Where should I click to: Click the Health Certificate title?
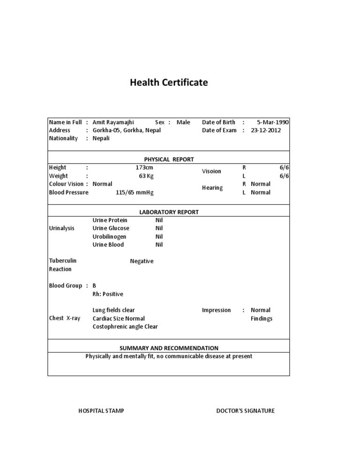pos(169,83)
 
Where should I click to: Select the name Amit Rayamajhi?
pos(113,122)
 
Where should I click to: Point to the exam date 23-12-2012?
pos(266,130)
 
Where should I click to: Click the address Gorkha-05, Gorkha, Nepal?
pos(127,130)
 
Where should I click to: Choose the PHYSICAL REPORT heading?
pos(169,159)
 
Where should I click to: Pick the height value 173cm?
pos(144,167)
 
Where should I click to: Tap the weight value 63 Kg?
pos(145,176)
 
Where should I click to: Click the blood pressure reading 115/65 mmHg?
pos(135,192)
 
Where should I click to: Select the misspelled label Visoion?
pos(211,171)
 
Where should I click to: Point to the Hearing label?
pos(212,188)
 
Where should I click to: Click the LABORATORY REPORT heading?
pos(169,212)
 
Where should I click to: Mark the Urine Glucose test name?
pos(111,228)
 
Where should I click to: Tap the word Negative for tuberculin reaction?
pos(142,261)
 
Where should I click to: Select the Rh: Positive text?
pos(108,294)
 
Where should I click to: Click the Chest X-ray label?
pos(65,318)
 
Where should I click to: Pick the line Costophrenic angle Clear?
pos(125,327)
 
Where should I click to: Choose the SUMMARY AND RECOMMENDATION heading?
pos(169,348)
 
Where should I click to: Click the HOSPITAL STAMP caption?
pos(101,411)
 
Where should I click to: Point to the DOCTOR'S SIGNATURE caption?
pos(245,411)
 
